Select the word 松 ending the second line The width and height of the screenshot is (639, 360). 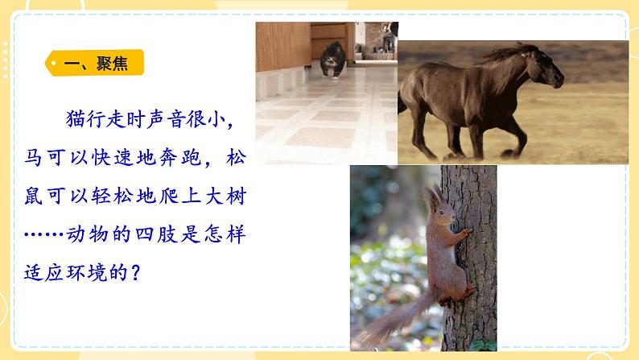(x=233, y=157)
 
